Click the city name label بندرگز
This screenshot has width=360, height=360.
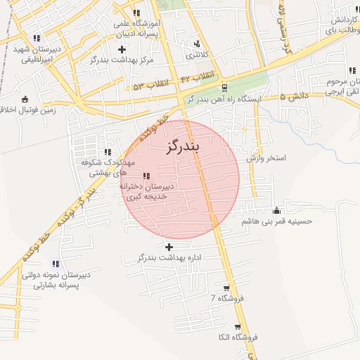click(x=182, y=147)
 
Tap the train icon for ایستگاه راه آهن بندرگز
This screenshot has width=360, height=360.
click(x=224, y=88)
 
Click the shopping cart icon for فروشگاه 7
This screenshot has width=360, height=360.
click(x=226, y=288)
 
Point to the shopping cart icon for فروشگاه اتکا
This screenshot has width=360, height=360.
click(x=238, y=328)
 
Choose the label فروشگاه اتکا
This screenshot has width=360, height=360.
click(x=238, y=338)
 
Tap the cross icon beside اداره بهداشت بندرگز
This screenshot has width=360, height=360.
click(x=169, y=247)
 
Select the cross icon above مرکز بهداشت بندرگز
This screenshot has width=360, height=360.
click(x=123, y=49)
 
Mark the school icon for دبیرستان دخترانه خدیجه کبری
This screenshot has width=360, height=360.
click(x=146, y=176)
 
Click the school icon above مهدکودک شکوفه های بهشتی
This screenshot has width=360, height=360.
click(x=108, y=151)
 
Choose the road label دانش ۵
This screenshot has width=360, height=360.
click(x=292, y=97)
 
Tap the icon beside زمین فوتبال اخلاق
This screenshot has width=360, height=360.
click(x=26, y=99)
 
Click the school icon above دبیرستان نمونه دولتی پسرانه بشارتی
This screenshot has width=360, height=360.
click(x=56, y=264)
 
